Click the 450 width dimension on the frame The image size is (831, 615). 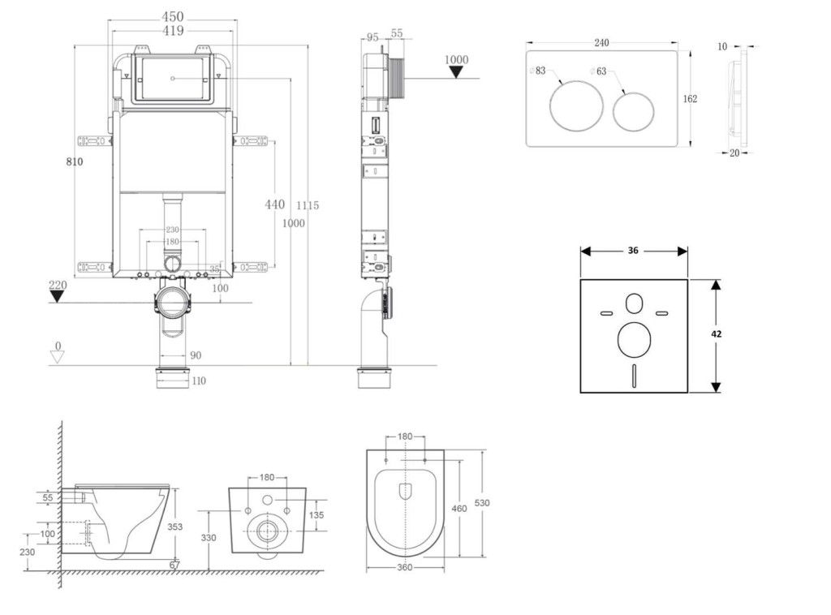tap(172, 17)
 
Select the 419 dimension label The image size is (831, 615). tap(172, 31)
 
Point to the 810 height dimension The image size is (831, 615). tap(75, 161)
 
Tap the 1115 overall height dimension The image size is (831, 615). tap(308, 206)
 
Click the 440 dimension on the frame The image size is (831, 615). tap(275, 204)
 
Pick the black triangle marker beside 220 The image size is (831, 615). tap(57, 295)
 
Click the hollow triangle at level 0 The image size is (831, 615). tap(57, 357)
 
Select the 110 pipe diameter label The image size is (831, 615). tap(197, 381)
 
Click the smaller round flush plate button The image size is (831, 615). tap(633, 112)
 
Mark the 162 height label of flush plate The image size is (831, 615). tap(690, 99)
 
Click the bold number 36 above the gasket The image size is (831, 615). tap(633, 251)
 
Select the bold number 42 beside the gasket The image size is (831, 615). tap(717, 333)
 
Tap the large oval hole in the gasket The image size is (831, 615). tap(634, 340)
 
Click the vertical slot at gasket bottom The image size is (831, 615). tap(634, 376)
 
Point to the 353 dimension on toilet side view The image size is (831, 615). tap(174, 527)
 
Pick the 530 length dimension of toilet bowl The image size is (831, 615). tap(482, 503)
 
